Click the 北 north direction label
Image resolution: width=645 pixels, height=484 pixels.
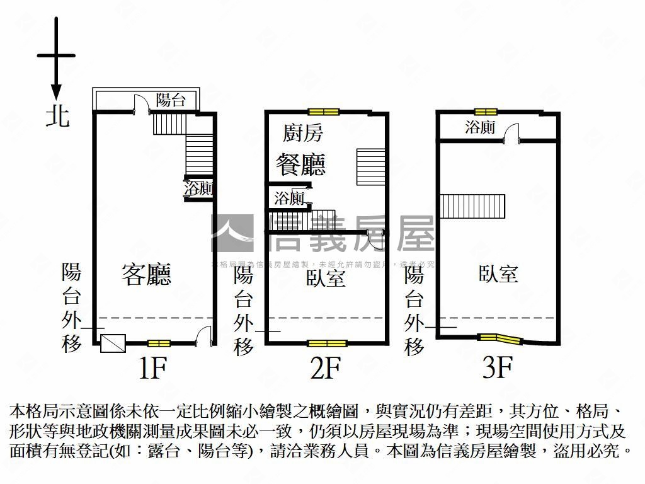(x=57, y=117)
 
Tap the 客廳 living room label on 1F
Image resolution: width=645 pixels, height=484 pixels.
(x=147, y=275)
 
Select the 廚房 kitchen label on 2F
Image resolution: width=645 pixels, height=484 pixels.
(x=303, y=133)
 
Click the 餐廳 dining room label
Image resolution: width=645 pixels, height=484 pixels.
(x=301, y=164)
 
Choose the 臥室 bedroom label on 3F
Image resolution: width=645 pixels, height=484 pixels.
(x=498, y=274)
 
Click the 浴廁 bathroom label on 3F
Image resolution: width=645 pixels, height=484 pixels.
(x=480, y=127)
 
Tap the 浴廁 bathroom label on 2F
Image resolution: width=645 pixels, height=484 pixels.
(x=290, y=199)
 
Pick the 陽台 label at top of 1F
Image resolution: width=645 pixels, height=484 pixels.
(x=171, y=99)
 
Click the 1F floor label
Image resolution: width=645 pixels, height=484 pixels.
(x=151, y=368)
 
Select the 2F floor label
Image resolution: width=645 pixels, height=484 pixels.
(x=325, y=368)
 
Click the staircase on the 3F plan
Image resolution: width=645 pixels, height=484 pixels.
(x=472, y=205)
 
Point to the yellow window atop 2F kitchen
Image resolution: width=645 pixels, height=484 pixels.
(x=324, y=112)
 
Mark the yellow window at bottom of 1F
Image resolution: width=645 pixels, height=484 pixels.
(x=159, y=343)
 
